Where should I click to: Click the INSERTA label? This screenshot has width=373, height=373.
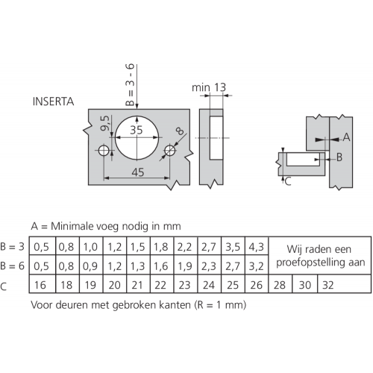click(53, 101)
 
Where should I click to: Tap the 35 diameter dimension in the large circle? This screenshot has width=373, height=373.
click(137, 130)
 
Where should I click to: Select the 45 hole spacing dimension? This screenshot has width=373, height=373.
click(138, 172)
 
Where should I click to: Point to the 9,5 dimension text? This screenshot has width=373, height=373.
click(104, 123)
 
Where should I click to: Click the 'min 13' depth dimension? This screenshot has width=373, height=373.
click(209, 87)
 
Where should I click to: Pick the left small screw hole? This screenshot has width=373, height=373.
click(104, 151)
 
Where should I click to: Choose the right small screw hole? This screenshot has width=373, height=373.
click(170, 150)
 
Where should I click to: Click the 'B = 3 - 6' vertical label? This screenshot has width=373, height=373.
click(130, 85)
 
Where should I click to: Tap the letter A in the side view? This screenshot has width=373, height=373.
click(346, 137)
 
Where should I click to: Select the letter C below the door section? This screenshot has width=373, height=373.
click(288, 181)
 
